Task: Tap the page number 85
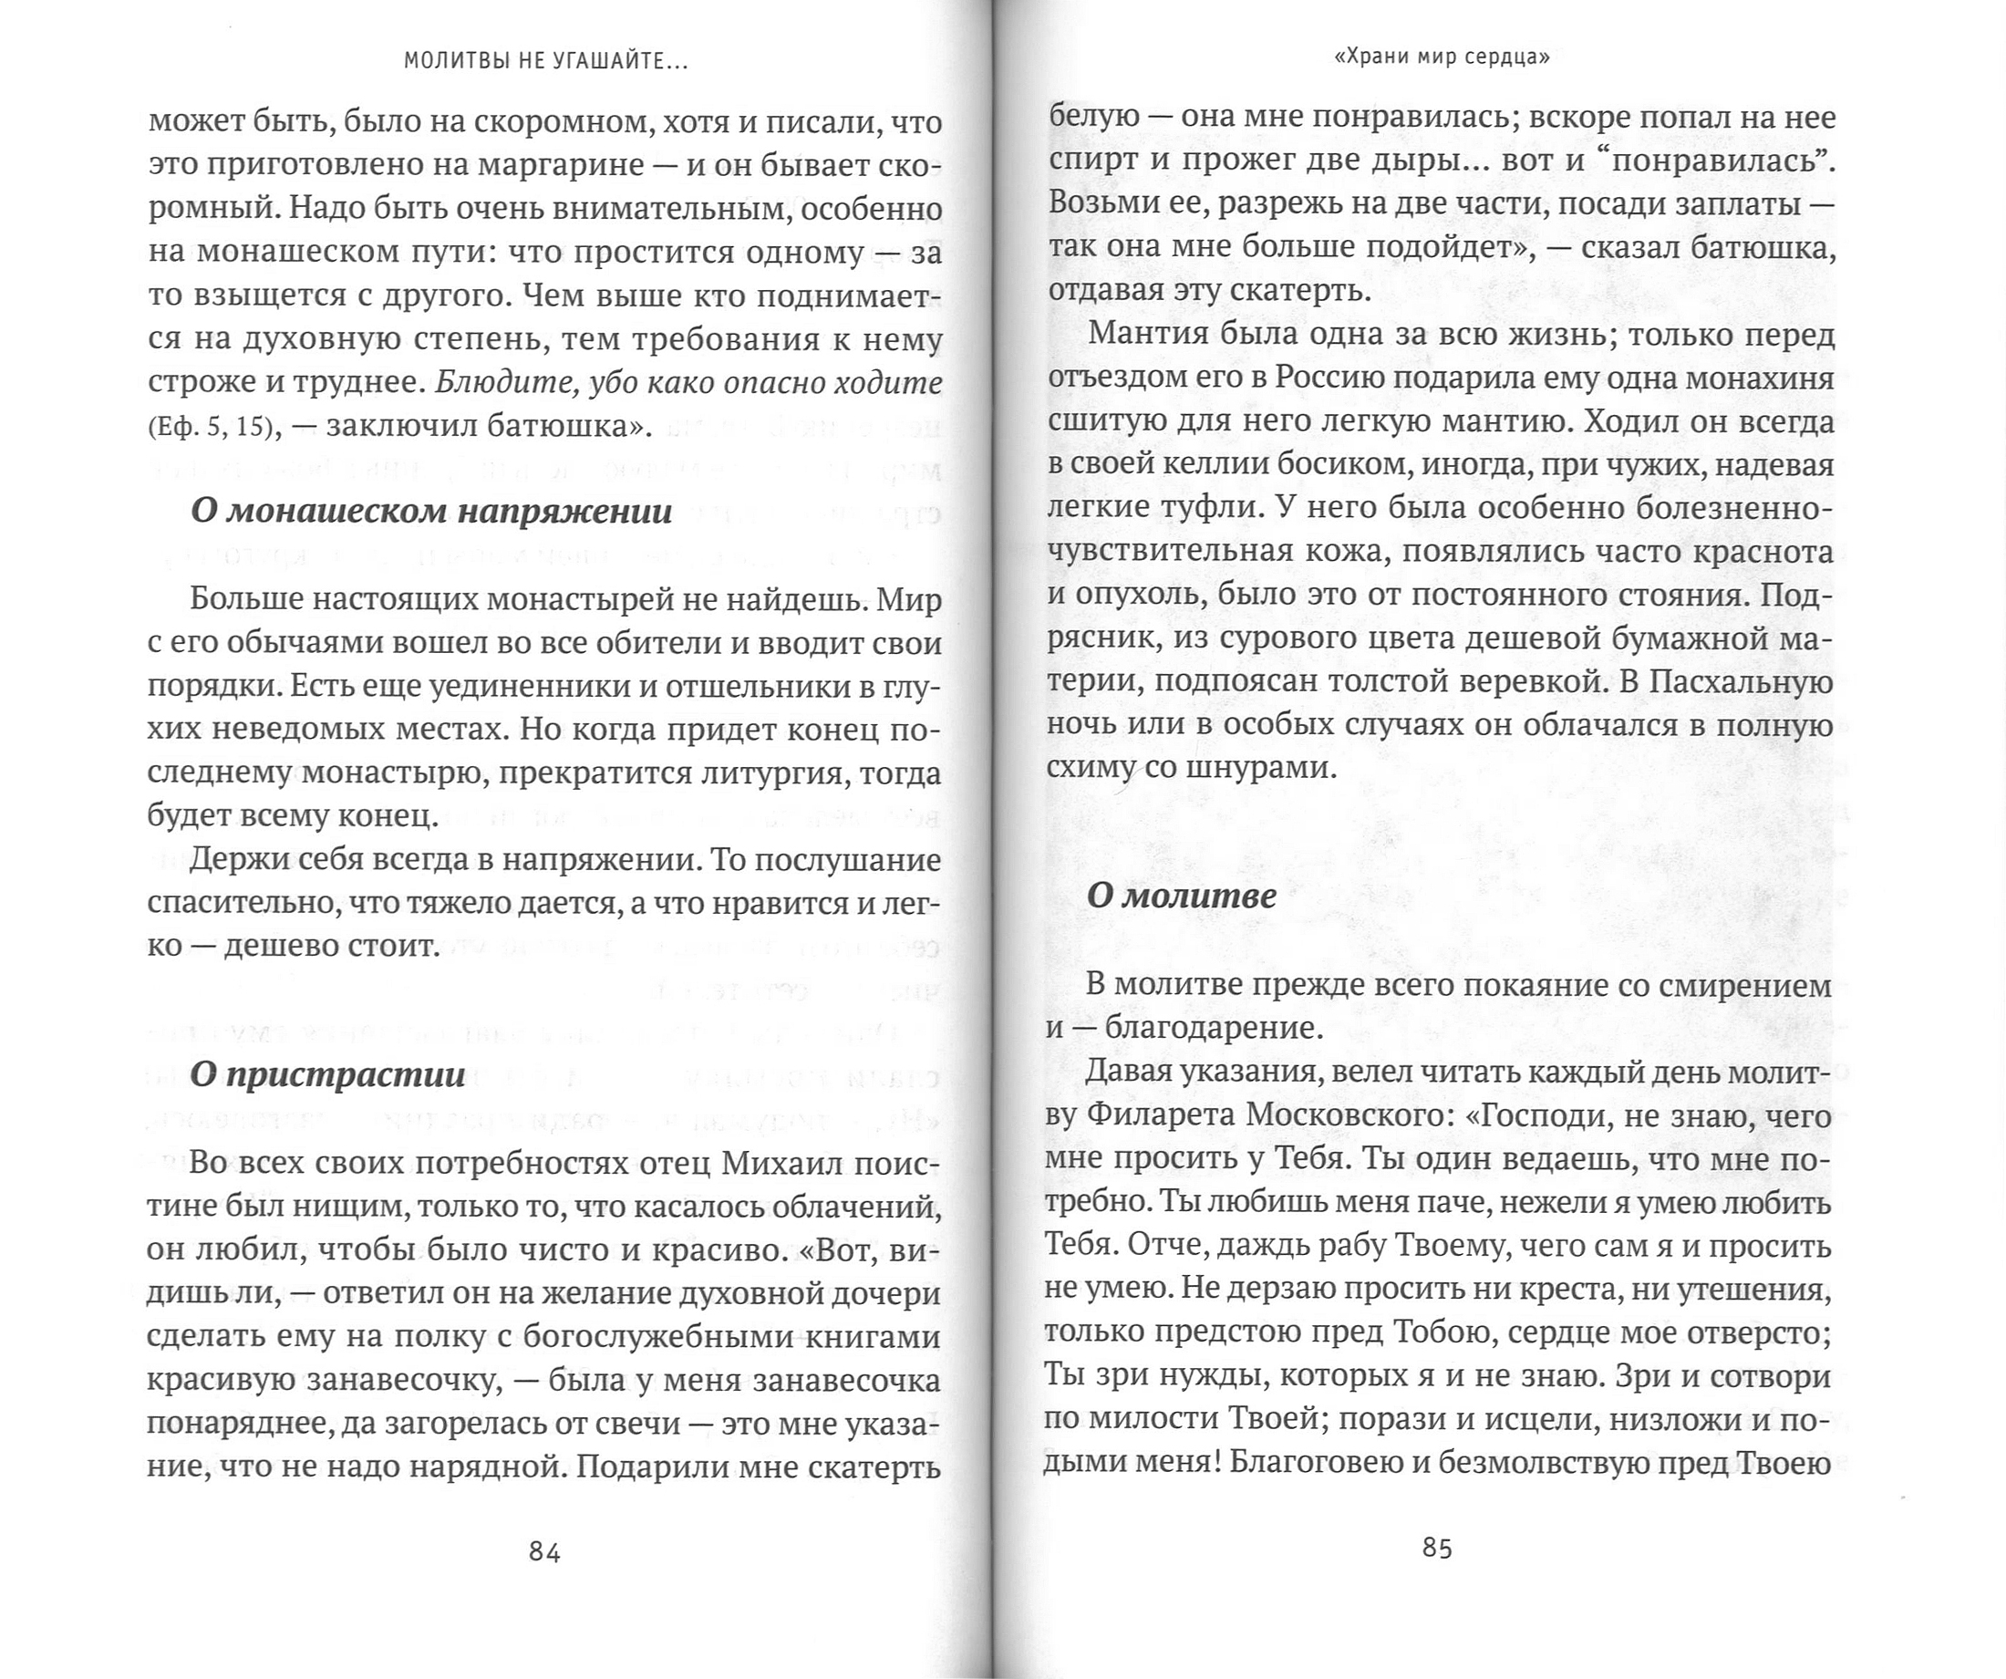(x=1437, y=1548)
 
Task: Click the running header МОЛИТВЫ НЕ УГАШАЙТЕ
(x=545, y=61)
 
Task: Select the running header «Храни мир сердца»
(x=1440, y=57)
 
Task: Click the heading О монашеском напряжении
(x=432, y=512)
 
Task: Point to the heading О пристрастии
(x=327, y=1074)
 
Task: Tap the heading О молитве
(x=1182, y=896)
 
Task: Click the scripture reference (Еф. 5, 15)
(x=215, y=426)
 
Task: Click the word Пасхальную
(x=1726, y=683)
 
